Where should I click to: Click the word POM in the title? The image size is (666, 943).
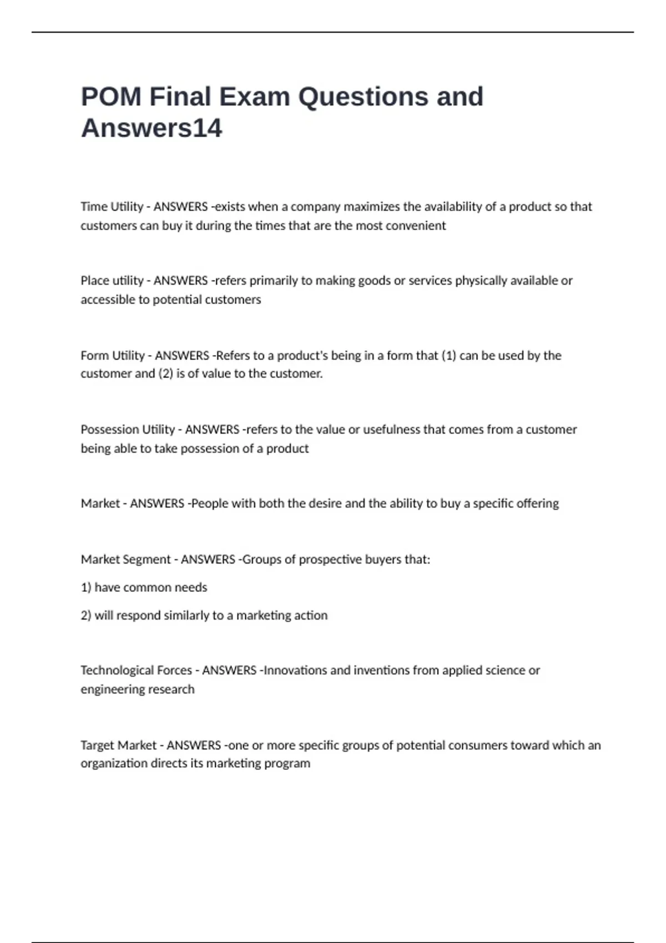point(110,97)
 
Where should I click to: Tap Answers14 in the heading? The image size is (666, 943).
point(152,128)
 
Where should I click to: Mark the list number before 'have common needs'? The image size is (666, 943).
point(85,587)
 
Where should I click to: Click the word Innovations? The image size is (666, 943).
point(295,670)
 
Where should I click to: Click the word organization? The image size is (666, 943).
point(114,763)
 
